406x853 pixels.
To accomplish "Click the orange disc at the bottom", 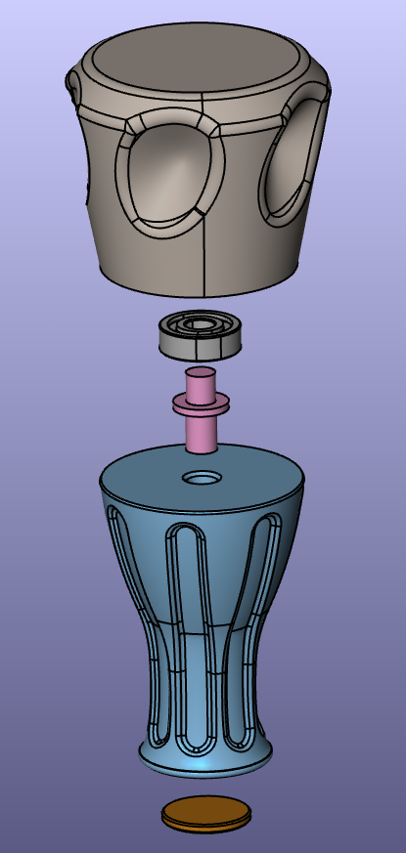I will click(x=205, y=813).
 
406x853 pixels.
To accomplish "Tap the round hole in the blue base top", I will click(x=203, y=479).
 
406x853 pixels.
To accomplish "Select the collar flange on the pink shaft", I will click(x=202, y=401).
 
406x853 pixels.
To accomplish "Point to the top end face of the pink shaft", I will click(x=201, y=372).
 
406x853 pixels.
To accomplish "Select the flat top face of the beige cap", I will click(x=201, y=59).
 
